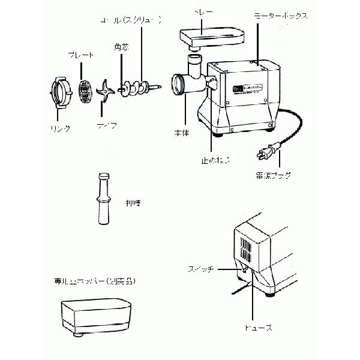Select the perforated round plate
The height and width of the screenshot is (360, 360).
click(86, 89)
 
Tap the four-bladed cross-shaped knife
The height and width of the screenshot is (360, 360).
click(106, 92)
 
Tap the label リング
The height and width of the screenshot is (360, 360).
click(60, 128)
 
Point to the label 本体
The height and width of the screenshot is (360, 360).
click(182, 133)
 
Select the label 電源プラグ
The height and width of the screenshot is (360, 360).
click(272, 175)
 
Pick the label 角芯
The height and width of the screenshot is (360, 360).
click(119, 46)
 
